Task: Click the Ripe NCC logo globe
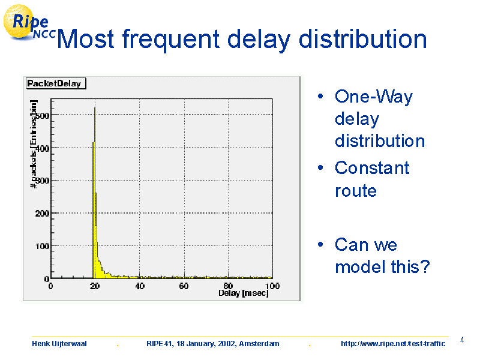(x=19, y=22)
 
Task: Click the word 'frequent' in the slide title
(x=171, y=40)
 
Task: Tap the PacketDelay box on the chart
(x=56, y=83)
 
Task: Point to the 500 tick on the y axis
(x=42, y=116)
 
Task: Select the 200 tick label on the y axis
(x=42, y=214)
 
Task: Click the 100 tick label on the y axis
(x=42, y=246)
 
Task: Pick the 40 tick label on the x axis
(x=140, y=286)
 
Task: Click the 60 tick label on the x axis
(x=184, y=286)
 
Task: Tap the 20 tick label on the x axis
(x=95, y=286)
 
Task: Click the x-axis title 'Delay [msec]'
(x=244, y=293)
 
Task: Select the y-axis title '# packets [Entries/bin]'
(x=34, y=144)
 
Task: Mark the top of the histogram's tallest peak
(x=95, y=107)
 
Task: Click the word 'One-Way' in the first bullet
(x=374, y=97)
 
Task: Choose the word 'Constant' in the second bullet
(x=372, y=168)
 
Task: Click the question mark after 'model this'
(x=424, y=266)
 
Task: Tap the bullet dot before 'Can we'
(x=320, y=244)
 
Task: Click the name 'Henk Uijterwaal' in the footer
(x=59, y=344)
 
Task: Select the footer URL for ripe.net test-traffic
(x=393, y=344)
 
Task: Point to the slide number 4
(x=462, y=340)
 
